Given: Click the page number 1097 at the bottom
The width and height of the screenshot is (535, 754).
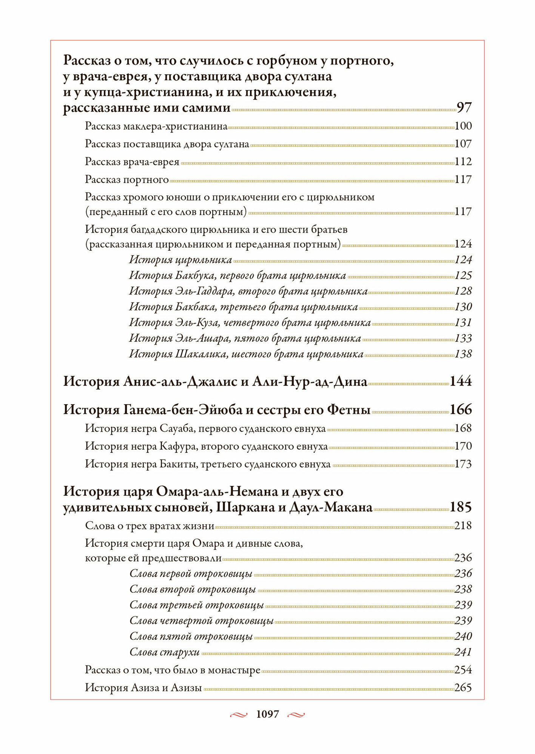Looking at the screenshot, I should click(267, 714).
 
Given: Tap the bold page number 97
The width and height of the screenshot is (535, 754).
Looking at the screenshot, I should click(464, 108).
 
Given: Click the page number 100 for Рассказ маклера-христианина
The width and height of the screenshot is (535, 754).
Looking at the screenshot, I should click(463, 126).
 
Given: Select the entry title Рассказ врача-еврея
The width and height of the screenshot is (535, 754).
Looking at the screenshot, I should click(132, 162).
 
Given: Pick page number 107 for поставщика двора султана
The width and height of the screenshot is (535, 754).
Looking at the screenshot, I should click(463, 144).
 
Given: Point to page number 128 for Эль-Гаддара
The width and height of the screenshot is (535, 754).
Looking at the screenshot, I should click(463, 291).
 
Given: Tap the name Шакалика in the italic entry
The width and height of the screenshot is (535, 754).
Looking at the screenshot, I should click(201, 354).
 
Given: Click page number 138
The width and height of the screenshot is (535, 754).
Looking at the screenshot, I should click(463, 354).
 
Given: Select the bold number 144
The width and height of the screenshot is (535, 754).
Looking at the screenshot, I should click(461, 382).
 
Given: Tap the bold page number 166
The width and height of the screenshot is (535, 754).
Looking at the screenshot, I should click(461, 409).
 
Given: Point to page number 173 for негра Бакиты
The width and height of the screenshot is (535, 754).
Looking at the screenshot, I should click(463, 464).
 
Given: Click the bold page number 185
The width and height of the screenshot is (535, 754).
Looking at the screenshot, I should click(461, 507).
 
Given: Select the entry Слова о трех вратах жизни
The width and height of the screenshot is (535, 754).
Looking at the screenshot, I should click(150, 526).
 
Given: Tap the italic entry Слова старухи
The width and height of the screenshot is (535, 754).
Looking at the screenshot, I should click(164, 652).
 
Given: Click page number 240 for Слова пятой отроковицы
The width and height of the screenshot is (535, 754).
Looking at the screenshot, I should click(463, 636).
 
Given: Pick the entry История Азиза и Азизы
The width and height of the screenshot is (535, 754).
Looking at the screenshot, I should click(143, 688).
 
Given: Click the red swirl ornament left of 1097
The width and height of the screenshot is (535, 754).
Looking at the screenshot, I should click(239, 714).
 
